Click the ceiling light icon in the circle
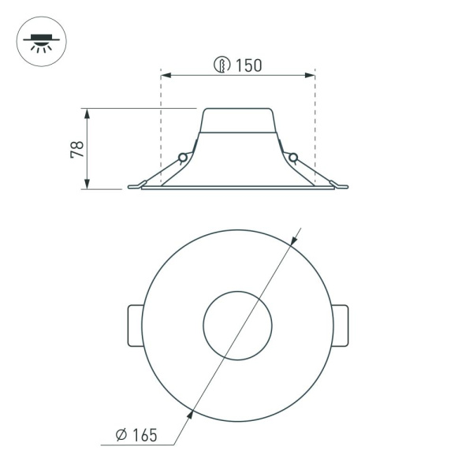[x=41, y=41]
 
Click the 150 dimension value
[x=248, y=66]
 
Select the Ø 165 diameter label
[x=136, y=434]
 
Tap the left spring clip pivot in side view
[x=183, y=158]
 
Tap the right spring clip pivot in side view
[x=293, y=158]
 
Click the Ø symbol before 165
[x=121, y=434]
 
